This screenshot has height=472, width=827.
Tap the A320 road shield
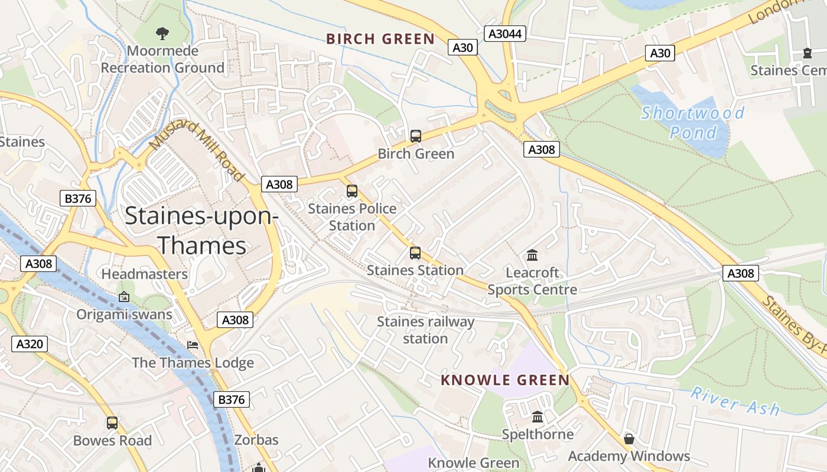pyautogui.click(x=30, y=343)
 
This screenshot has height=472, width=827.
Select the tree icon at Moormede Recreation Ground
pyautogui.click(x=162, y=33)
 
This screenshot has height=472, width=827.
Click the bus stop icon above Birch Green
pyautogui.click(x=416, y=136)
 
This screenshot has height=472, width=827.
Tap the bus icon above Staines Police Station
pyautogui.click(x=352, y=191)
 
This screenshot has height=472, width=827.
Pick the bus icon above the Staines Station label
pyautogui.click(x=415, y=253)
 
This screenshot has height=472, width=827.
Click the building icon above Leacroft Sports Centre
pyautogui.click(x=532, y=255)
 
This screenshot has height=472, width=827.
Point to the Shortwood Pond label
pyautogui.click(x=692, y=122)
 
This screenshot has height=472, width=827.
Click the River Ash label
pyautogui.click(x=735, y=401)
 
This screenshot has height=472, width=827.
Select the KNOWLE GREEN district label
pyautogui.click(x=505, y=380)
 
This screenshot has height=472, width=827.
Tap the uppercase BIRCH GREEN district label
pyautogui.click(x=380, y=40)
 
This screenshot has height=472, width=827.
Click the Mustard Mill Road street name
pyautogui.click(x=197, y=150)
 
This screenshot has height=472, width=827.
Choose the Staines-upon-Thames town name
pyautogui.click(x=202, y=231)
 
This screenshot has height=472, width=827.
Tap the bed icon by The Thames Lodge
pyautogui.click(x=193, y=345)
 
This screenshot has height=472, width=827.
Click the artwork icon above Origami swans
pyautogui.click(x=124, y=297)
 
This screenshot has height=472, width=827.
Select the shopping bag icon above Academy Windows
pyautogui.click(x=629, y=439)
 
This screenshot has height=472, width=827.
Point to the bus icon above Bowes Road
pyautogui.click(x=112, y=423)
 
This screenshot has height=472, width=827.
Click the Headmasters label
pyautogui.click(x=144, y=274)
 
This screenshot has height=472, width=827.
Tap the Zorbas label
pyautogui.click(x=256, y=440)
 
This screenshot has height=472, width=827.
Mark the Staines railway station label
pyautogui.click(x=425, y=330)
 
